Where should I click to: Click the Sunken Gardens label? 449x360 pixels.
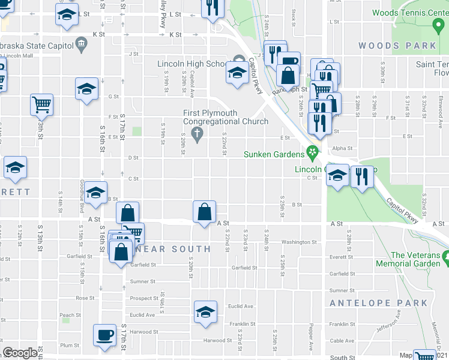(273, 154)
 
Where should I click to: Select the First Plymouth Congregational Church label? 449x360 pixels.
(218, 117)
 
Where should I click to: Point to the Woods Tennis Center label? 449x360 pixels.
(410, 13)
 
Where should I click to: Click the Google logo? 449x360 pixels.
(20, 353)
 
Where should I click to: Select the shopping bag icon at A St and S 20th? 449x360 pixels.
(205, 212)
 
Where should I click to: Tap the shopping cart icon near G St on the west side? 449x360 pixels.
(41, 104)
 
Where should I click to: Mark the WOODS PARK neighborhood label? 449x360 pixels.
(397, 46)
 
